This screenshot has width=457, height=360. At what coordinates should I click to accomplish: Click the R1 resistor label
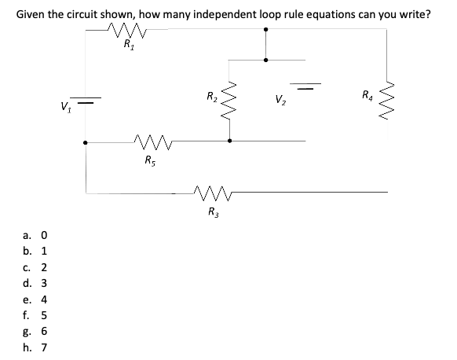129,46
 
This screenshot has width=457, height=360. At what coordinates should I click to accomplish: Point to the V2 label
280,100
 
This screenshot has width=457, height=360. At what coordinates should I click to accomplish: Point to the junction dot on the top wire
265,29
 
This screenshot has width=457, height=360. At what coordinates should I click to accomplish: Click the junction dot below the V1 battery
86,143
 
